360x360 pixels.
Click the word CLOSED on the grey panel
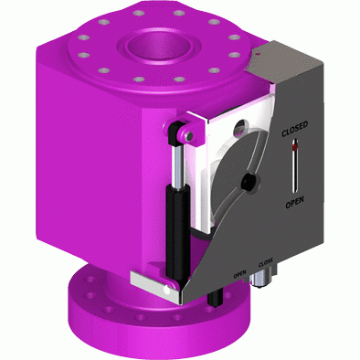point(294,130)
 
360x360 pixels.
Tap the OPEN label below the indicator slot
point(294,203)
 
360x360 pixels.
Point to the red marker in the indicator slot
point(294,148)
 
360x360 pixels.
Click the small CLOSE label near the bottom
point(266,262)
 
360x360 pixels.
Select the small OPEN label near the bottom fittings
point(239,274)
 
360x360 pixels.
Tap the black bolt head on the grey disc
point(249,183)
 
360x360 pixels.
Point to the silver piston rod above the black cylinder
point(177,166)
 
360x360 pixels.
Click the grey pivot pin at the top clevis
point(189,136)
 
